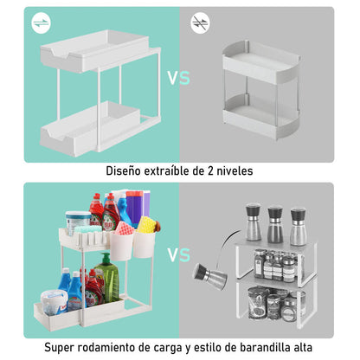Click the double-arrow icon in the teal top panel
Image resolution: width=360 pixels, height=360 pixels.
click(x=42, y=24)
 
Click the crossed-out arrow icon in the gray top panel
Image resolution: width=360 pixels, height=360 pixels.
click(x=201, y=24)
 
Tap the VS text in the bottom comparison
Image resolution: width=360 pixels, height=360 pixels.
click(x=178, y=255)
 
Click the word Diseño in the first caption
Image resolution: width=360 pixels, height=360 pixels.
click(x=128, y=171)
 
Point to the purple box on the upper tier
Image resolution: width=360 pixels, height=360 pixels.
click(x=134, y=208)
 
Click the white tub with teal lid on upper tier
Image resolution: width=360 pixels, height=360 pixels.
click(x=79, y=222)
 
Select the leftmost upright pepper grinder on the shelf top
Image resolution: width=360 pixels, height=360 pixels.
click(x=254, y=223)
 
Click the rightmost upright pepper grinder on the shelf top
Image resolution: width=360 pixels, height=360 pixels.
click(x=299, y=225)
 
